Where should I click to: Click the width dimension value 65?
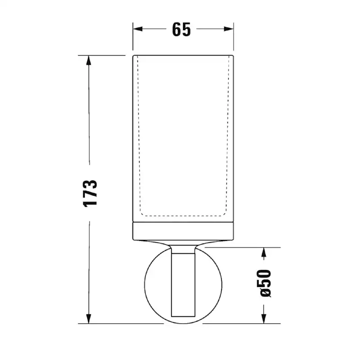(x=181, y=30)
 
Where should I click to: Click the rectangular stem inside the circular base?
(x=183, y=283)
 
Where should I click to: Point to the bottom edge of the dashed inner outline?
(x=183, y=216)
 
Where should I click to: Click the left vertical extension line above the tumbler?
(x=133, y=39)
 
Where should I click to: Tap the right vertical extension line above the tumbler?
(x=233, y=39)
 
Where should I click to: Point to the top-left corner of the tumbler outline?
(x=133, y=56)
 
